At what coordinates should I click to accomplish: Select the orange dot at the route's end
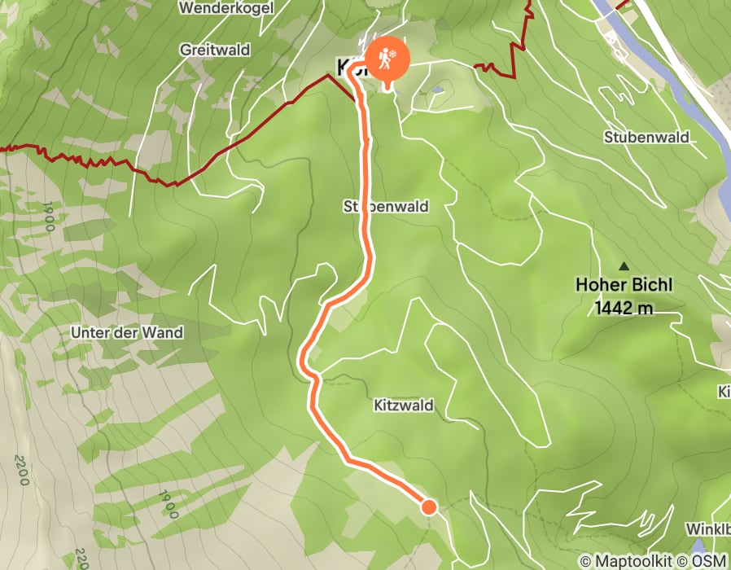click(429, 507)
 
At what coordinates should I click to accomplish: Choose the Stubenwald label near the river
click(647, 137)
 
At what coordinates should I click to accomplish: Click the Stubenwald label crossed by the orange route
click(386, 207)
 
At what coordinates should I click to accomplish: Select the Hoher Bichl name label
click(624, 286)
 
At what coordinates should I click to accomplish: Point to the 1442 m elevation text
click(624, 308)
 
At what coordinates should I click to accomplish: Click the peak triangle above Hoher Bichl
click(624, 265)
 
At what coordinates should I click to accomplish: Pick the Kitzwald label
click(404, 405)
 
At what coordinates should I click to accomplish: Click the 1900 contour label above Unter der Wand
click(50, 216)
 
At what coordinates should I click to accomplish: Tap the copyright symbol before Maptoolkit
click(587, 561)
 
